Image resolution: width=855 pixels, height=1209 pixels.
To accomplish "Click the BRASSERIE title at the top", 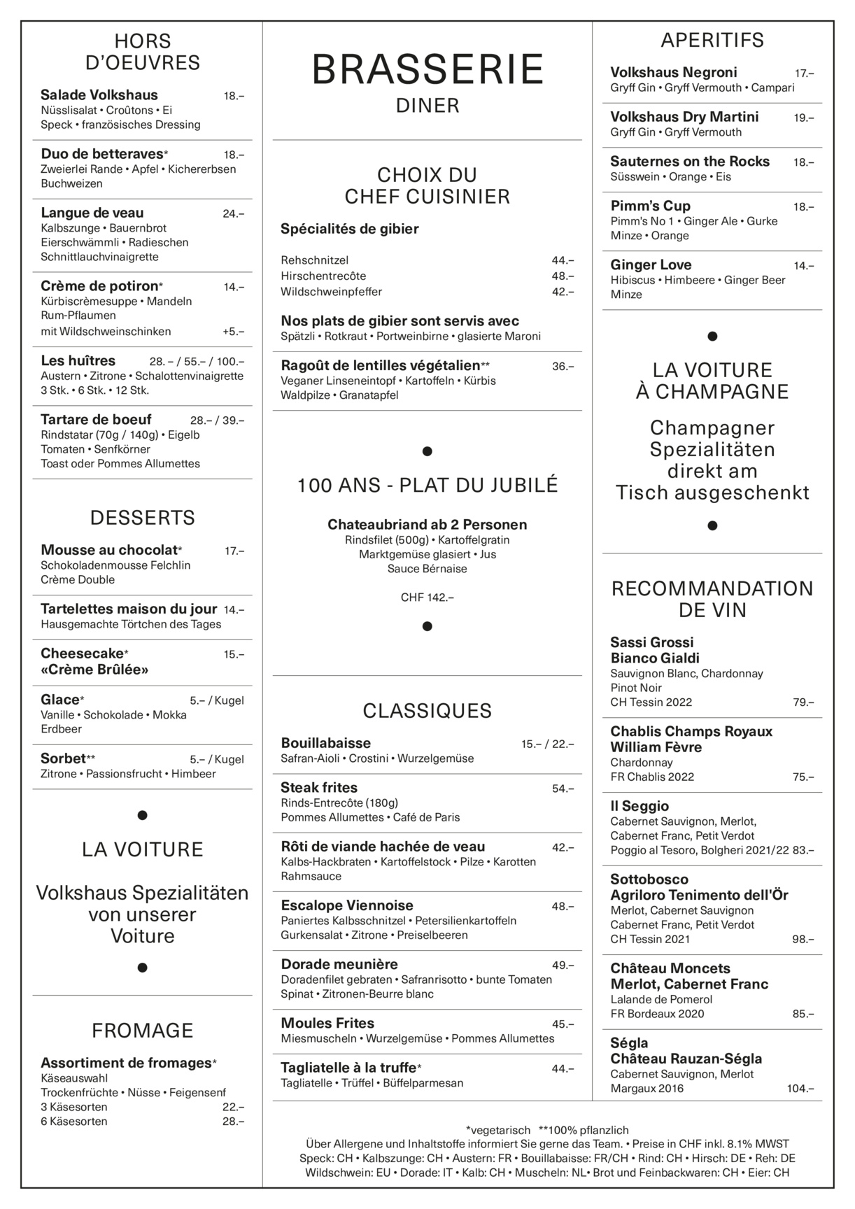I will [427, 70].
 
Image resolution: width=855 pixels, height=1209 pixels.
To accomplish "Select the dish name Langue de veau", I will [92, 213].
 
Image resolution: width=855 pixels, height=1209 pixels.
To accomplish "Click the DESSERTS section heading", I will [142, 518].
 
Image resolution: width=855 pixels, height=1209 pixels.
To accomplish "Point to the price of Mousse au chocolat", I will [234, 551].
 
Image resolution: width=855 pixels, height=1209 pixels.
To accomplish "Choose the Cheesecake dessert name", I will [82, 653].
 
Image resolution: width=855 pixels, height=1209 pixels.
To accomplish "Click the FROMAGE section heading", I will [142, 1030].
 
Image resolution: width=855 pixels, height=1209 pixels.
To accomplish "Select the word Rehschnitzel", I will [314, 260].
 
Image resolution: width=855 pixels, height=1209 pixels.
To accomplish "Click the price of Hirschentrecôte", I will [563, 276].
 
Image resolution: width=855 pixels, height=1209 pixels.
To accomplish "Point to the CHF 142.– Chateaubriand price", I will [427, 598].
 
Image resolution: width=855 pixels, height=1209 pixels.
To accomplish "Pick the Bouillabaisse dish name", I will [325, 743].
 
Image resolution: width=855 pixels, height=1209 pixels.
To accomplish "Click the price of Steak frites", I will [563, 789].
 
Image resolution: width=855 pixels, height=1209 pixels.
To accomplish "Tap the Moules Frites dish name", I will [327, 1023].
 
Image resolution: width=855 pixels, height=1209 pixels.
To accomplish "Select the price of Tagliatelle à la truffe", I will [563, 1068].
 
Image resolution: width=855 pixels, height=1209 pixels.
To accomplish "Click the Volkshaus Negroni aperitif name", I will [673, 72].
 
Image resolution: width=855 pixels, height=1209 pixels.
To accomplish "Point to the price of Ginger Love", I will [803, 266].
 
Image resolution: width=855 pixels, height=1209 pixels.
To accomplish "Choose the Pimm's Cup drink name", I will [650, 206].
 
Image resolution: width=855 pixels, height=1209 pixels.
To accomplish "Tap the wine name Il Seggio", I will [640, 806].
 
